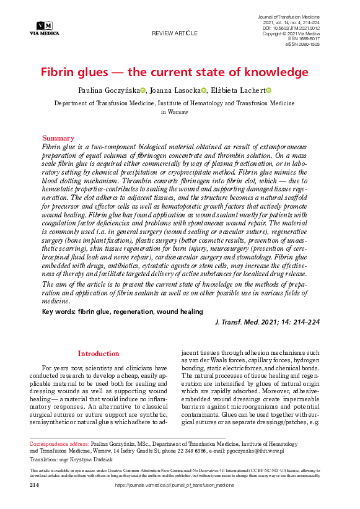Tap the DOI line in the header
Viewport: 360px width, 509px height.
coord(292,28)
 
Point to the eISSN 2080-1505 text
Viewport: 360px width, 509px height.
coord(302,45)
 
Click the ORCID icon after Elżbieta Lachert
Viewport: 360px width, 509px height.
coord(269,91)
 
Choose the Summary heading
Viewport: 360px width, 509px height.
coord(58,138)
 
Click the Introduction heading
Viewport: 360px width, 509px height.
coord(98,354)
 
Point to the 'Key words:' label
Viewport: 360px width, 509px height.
coord(59,311)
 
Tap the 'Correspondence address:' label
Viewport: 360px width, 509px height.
coord(59,444)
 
